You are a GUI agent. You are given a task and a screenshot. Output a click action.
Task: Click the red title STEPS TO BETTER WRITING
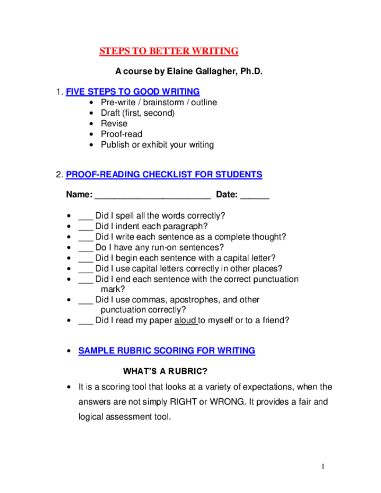[x=169, y=51]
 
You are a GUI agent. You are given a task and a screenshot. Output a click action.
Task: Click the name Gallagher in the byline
[x=215, y=72]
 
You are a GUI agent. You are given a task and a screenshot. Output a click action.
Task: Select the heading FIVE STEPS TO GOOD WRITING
[x=133, y=92]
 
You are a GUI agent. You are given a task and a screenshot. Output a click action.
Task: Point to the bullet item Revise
[x=114, y=123]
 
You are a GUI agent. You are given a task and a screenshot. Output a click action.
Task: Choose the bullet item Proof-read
[x=122, y=134]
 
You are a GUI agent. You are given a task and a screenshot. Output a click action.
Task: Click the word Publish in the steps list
[x=115, y=144]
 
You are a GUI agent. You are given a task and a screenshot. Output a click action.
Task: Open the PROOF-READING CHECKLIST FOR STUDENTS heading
[x=164, y=174]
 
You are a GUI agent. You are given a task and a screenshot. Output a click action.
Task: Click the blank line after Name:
[x=152, y=195]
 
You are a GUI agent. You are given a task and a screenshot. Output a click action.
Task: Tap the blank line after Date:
[x=255, y=195]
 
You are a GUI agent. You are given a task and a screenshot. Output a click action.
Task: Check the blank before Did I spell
[x=86, y=216]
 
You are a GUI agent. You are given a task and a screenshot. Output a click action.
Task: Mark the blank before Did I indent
[x=86, y=227]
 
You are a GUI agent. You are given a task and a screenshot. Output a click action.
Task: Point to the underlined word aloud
[x=186, y=320]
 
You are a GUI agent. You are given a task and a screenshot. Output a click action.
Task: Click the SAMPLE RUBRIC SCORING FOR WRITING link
[x=166, y=351]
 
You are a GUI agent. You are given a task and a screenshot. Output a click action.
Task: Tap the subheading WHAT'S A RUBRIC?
[x=165, y=371]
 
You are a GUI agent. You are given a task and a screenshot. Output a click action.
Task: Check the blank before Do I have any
[x=86, y=248]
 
